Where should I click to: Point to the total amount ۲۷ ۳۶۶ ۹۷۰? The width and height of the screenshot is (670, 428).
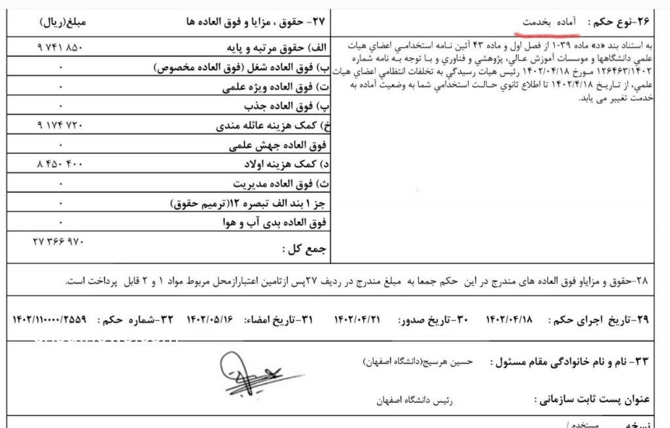point(59,241)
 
